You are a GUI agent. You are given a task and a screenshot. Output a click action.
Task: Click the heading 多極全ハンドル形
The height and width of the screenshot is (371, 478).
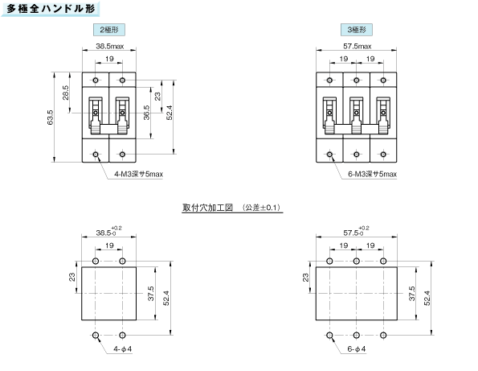click(51, 9)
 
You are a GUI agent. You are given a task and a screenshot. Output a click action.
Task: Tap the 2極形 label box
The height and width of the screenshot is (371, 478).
click(109, 30)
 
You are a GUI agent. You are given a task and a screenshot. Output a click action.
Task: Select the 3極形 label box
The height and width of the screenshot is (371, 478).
click(357, 30)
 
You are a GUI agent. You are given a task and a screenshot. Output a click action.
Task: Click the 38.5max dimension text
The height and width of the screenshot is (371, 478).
click(110, 46)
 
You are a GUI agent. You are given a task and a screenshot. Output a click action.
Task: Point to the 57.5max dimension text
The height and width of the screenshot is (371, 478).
click(357, 46)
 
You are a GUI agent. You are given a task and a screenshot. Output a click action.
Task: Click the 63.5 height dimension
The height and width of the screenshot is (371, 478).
click(51, 117)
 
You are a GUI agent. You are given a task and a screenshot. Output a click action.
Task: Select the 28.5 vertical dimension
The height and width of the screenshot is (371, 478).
click(66, 93)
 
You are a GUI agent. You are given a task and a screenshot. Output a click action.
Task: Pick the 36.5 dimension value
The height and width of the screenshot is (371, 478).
click(147, 113)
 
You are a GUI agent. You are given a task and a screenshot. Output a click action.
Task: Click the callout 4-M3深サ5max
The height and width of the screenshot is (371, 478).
click(138, 174)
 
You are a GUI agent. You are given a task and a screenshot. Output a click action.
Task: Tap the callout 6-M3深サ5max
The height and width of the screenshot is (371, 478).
click(372, 174)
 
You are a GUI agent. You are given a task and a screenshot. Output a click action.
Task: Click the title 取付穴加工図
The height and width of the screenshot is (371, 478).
click(207, 208)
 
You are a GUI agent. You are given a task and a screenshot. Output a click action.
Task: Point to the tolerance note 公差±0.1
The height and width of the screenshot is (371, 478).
click(261, 208)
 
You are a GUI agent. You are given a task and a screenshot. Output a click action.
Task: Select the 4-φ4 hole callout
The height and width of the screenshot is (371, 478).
click(123, 348)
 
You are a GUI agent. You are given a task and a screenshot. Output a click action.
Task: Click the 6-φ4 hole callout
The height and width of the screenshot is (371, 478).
click(357, 348)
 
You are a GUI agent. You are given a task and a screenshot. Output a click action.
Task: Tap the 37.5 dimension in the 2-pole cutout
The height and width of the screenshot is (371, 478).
click(151, 294)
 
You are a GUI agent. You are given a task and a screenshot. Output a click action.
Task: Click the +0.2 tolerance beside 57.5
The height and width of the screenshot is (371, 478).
click(364, 228)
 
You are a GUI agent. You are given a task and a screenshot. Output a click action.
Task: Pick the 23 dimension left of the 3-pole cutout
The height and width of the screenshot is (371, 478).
click(305, 278)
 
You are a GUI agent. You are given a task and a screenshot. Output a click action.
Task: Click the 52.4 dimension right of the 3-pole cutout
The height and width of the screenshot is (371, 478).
click(427, 299)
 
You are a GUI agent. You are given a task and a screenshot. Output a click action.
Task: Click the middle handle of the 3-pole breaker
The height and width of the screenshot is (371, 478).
click(357, 115)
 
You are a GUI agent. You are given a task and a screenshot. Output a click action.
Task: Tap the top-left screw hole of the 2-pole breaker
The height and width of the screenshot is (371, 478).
click(96, 80)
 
